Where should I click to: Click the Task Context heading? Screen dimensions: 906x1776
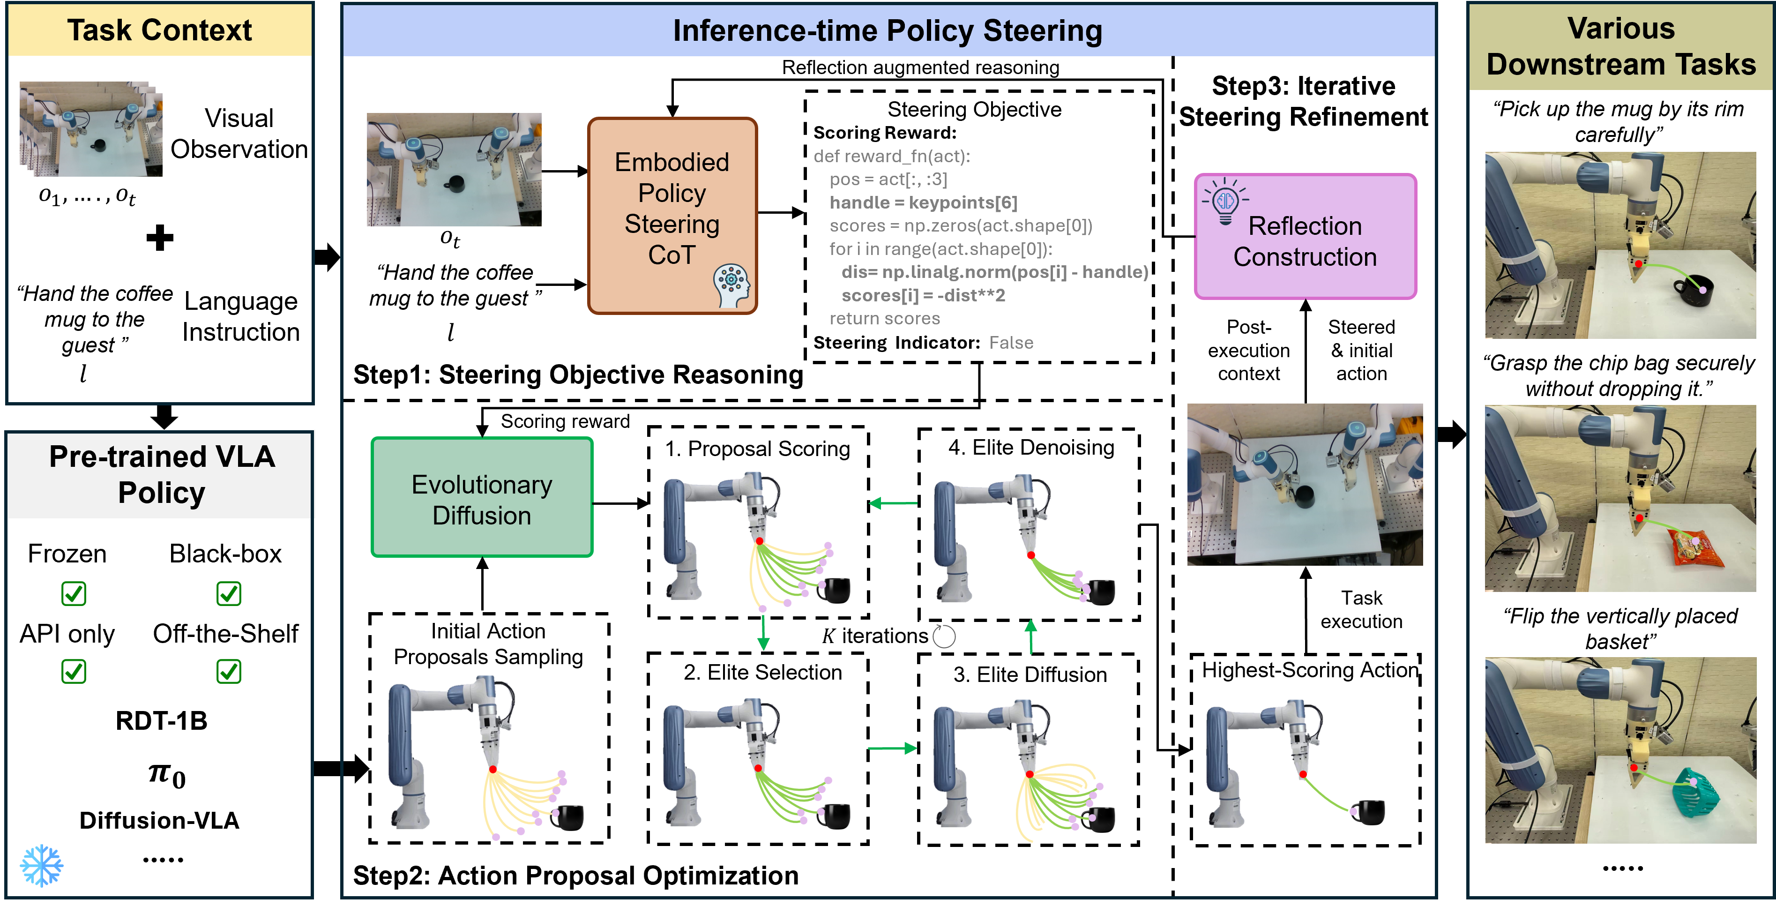pos(159,30)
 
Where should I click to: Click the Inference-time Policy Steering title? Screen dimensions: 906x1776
pos(888,31)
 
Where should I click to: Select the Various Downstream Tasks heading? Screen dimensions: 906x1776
pos(1621,46)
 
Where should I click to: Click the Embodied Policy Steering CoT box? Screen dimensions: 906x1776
pos(672,215)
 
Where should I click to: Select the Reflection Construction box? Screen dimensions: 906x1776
pos(1305,237)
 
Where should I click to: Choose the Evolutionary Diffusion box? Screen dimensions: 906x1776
pos(482,497)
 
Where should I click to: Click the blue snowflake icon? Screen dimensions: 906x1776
pos(41,865)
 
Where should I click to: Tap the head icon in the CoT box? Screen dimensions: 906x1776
pos(731,285)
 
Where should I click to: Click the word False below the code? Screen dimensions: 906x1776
pos(1011,343)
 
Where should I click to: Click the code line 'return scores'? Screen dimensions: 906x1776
pos(885,319)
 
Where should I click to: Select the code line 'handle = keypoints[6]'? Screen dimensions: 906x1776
pos(923,202)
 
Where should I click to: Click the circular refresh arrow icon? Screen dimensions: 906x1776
pos(943,636)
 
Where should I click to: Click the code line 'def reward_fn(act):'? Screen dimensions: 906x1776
pos(891,157)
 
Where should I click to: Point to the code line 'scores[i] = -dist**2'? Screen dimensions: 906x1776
pos(923,296)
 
